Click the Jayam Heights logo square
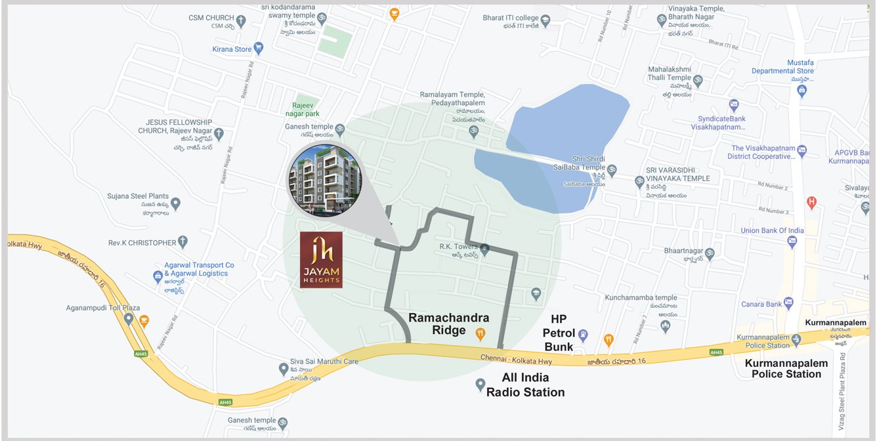[x=320, y=259]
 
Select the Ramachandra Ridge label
[x=448, y=324]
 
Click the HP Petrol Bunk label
[x=558, y=333]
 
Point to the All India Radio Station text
[x=525, y=385]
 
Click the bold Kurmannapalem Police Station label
[x=786, y=368]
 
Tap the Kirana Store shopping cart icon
[x=259, y=49]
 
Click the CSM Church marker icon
[x=241, y=20]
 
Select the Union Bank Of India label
[x=772, y=230]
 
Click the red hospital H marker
[x=811, y=203]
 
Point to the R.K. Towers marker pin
[x=484, y=249]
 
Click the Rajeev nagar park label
[x=306, y=109]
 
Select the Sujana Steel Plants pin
[x=175, y=204]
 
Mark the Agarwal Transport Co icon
[x=158, y=276]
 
